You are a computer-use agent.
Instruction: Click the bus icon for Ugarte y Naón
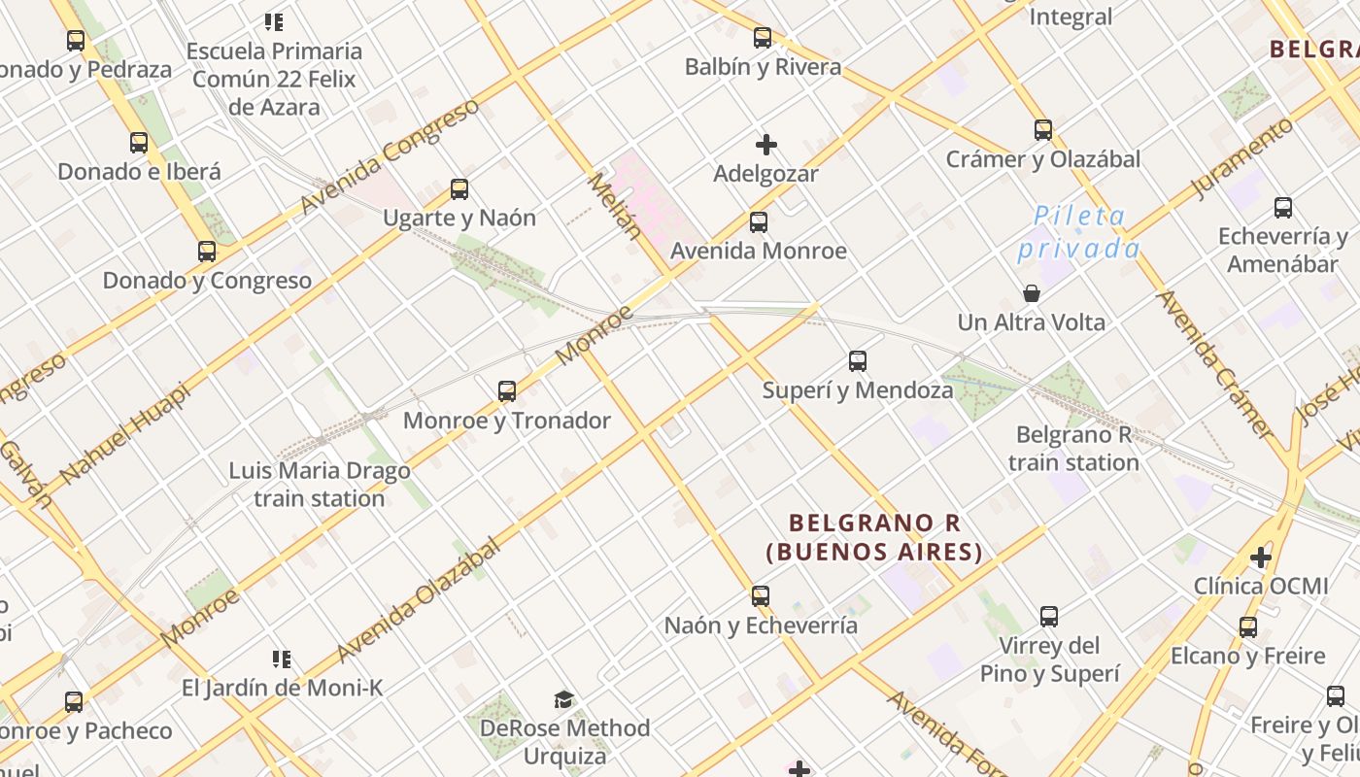click(459, 189)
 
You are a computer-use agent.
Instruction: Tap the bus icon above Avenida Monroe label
click(759, 222)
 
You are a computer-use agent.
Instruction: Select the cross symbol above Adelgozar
click(766, 145)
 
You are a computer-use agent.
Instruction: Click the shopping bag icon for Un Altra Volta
click(1031, 293)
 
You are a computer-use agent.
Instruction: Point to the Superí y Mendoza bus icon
click(858, 361)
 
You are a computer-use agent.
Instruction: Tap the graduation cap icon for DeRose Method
click(563, 699)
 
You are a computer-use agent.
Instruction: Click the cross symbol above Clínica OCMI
click(1261, 557)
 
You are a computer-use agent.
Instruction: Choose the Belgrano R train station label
click(1073, 448)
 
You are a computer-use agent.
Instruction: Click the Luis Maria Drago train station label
click(320, 485)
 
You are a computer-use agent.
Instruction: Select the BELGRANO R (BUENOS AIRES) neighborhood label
click(874, 537)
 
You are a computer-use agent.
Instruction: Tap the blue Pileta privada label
click(1078, 233)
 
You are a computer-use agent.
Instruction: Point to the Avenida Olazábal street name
click(420, 599)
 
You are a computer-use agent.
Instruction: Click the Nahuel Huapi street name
click(123, 432)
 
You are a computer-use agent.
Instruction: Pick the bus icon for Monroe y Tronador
click(507, 391)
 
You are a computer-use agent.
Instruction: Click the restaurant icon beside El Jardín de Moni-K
click(282, 660)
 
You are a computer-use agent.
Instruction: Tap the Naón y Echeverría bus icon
click(761, 596)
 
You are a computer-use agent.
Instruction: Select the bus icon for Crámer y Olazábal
click(1043, 130)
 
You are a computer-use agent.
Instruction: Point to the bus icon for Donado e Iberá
click(139, 143)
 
